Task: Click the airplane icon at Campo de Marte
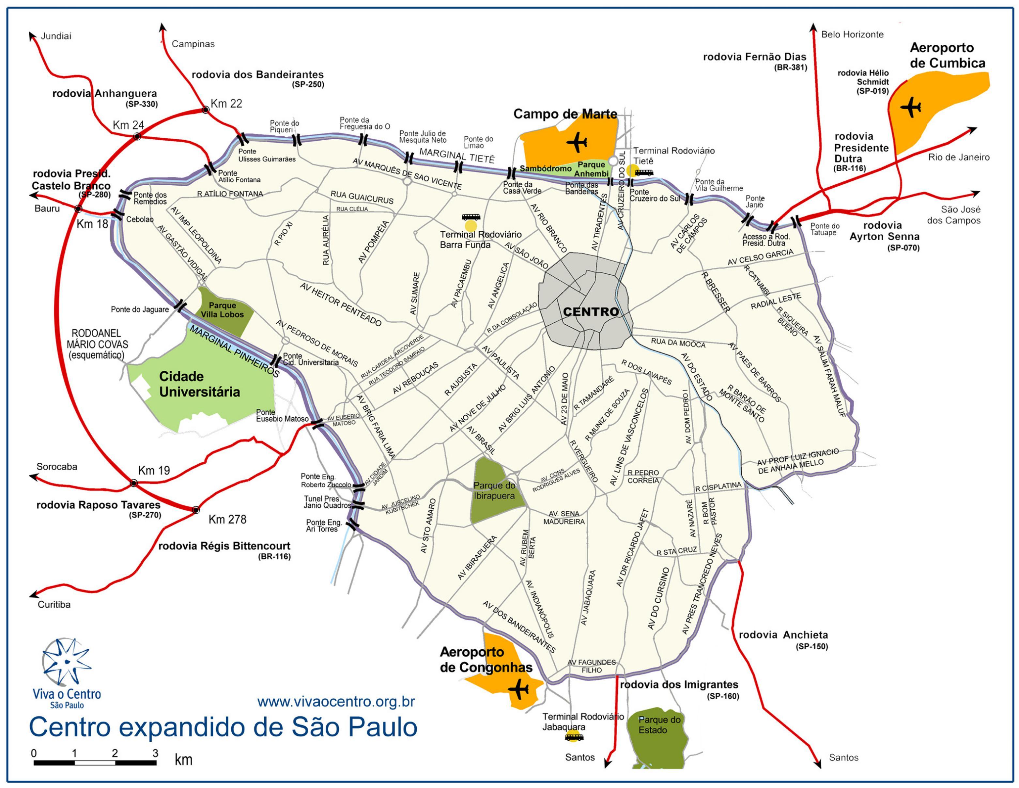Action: [x=578, y=142]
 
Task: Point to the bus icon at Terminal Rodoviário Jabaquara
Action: [x=574, y=738]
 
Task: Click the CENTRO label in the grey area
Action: [x=591, y=312]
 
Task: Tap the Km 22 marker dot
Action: [x=205, y=110]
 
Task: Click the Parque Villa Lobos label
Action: [x=222, y=310]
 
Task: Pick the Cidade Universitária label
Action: [x=200, y=384]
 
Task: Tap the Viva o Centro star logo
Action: [x=67, y=662]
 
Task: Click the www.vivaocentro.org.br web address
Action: [x=336, y=702]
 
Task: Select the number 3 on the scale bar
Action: [x=155, y=753]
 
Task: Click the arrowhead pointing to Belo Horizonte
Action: [x=813, y=27]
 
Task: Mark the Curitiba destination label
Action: [x=54, y=605]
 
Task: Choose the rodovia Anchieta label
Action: [x=783, y=635]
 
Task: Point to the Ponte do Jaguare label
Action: [x=140, y=309]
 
